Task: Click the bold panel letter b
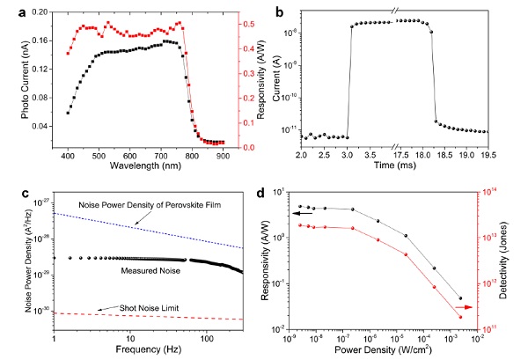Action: pos(280,12)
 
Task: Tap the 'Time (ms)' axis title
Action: pos(400,167)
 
